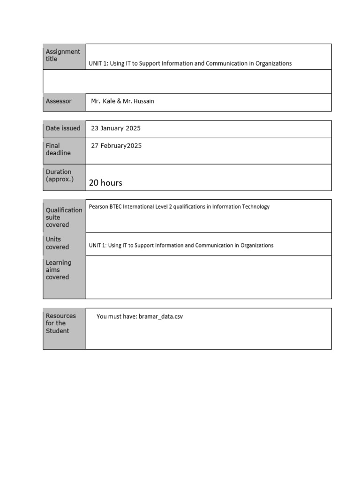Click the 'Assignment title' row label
pos(63,55)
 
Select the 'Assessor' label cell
pos(59,101)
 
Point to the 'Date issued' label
pos(63,128)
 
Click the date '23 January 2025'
pos(116,128)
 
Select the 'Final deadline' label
pos(58,149)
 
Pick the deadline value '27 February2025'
pos(116,146)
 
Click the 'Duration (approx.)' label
pos(60,175)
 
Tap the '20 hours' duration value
pos(105,183)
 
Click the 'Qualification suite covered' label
pos(64,217)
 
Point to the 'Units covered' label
pos(57,243)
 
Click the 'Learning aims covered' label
pos(58,270)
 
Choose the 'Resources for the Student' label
pos(60,323)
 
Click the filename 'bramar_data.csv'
pos(161,316)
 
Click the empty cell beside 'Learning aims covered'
pos(208,277)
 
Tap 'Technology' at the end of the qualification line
pos(255,207)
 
